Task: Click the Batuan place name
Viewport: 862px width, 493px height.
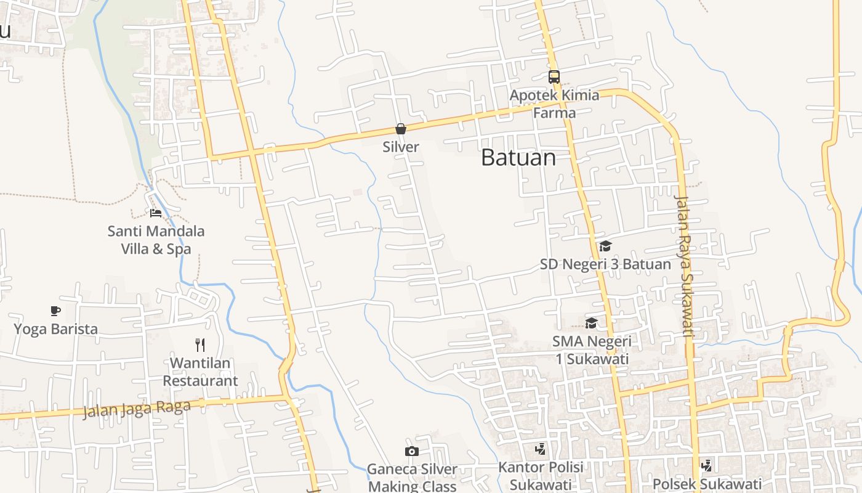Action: pos(518,158)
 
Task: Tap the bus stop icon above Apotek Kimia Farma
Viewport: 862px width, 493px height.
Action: pos(554,77)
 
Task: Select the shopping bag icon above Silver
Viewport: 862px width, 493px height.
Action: pos(401,129)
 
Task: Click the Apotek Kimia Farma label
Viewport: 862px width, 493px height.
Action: pos(554,104)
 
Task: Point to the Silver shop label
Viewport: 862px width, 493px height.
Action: pos(401,147)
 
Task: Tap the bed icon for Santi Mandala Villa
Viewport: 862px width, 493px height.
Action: pos(156,213)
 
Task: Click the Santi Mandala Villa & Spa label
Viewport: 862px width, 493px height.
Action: pos(156,240)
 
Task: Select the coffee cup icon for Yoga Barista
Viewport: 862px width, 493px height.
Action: pos(55,311)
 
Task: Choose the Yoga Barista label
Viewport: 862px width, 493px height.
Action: pos(55,329)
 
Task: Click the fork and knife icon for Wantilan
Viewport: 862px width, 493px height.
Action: pos(199,344)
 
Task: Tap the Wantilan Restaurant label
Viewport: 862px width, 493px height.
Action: pos(200,372)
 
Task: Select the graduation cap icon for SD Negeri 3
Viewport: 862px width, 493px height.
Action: pos(605,246)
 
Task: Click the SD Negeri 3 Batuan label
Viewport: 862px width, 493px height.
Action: pos(605,265)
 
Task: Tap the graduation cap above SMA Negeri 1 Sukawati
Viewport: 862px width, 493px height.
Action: pos(592,323)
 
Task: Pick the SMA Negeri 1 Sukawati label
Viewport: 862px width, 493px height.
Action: pos(592,350)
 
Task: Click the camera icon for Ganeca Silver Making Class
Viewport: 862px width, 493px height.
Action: pos(412,452)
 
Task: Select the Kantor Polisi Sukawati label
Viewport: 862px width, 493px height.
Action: pos(541,476)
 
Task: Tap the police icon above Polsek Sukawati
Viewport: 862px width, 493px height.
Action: pos(707,466)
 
